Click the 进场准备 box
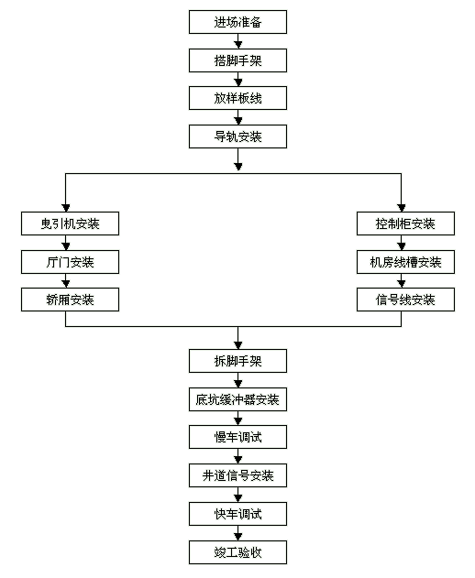pyautogui.click(x=237, y=22)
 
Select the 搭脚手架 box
pyautogui.click(x=237, y=60)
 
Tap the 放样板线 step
pyautogui.click(x=237, y=98)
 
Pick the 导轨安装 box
pyautogui.click(x=237, y=136)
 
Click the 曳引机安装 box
pyautogui.click(x=70, y=224)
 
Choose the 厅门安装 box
pyautogui.click(x=70, y=262)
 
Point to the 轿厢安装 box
pyautogui.click(x=70, y=300)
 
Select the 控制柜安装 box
pyautogui.click(x=405, y=224)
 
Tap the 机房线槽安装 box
pyautogui.click(x=405, y=262)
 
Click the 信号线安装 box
pyautogui.click(x=405, y=300)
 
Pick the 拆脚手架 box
pyautogui.click(x=237, y=361)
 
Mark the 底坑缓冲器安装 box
pyautogui.click(x=237, y=399)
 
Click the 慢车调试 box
pyautogui.click(x=237, y=437)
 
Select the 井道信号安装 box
pyautogui.click(x=237, y=475)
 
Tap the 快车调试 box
pyautogui.click(x=237, y=514)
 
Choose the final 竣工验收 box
pyautogui.click(x=237, y=552)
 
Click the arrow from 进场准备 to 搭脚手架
pyautogui.click(x=238, y=41)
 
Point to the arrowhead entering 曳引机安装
pyautogui.click(x=66, y=208)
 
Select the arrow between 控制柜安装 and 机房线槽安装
pyautogui.click(x=402, y=243)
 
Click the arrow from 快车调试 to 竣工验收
pyautogui.click(x=238, y=533)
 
